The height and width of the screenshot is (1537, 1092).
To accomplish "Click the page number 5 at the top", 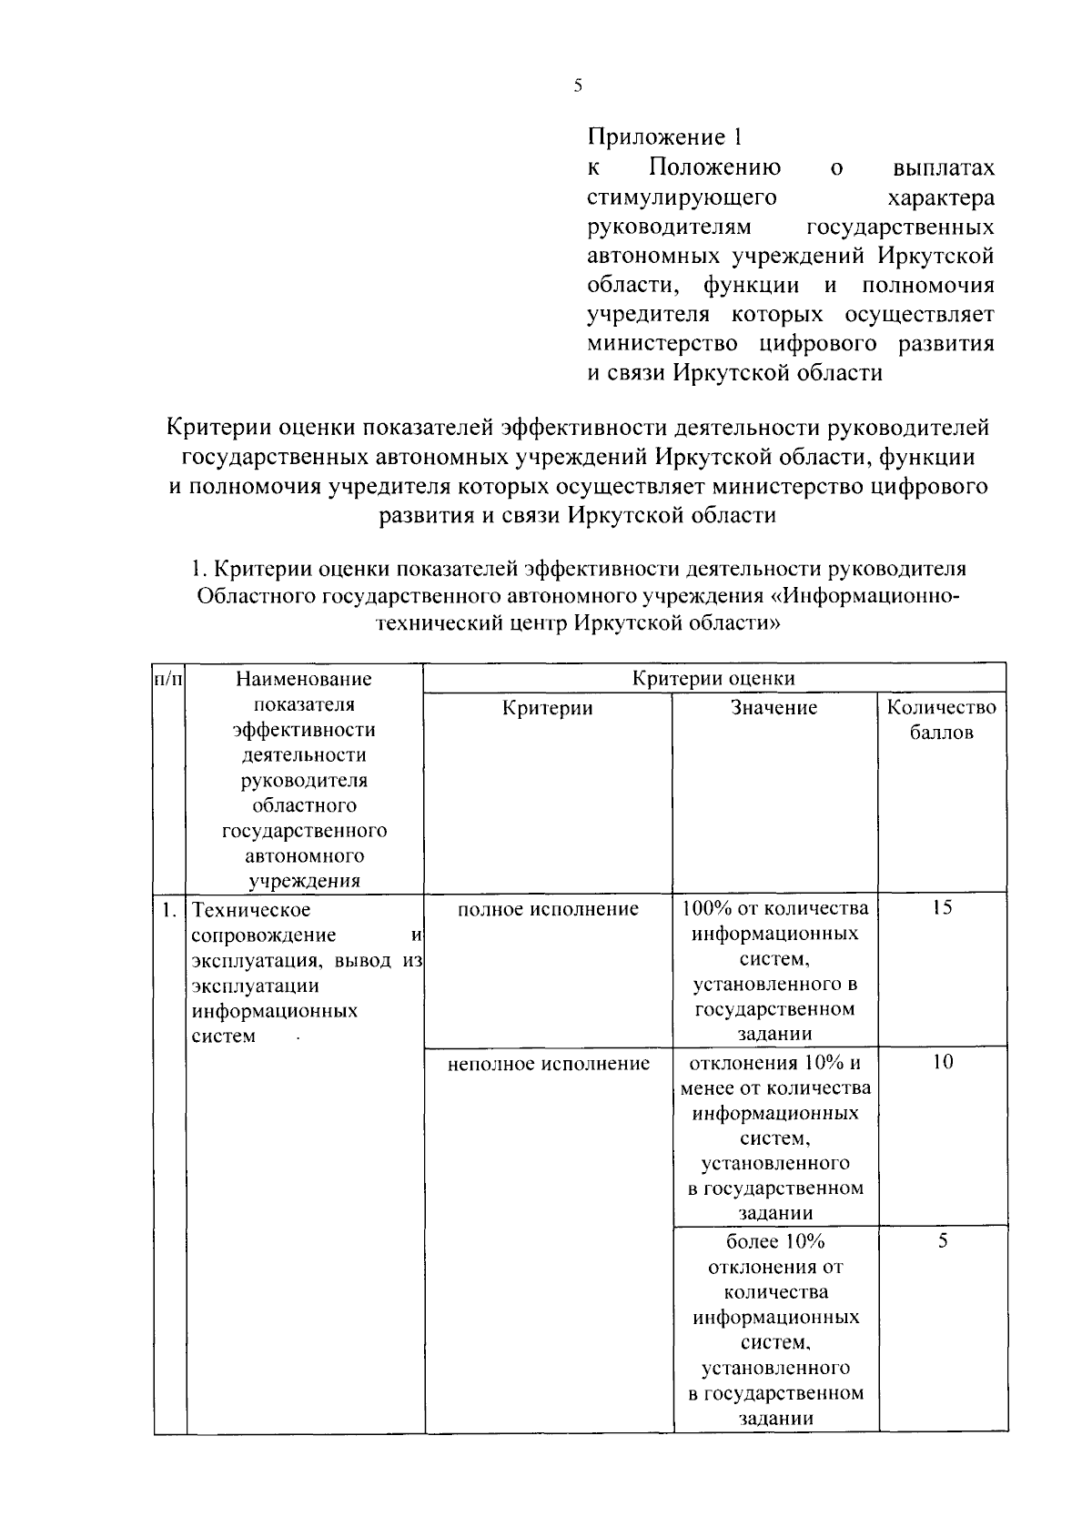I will (578, 86).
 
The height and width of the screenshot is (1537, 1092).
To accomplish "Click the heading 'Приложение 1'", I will (665, 137).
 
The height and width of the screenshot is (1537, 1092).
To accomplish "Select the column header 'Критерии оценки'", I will (714, 678).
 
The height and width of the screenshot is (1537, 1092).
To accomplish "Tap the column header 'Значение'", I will (774, 707).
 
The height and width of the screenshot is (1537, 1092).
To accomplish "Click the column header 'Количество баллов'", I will (942, 719).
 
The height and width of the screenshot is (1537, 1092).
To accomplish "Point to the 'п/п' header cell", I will (168, 678).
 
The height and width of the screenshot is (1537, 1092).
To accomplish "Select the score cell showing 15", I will (942, 908).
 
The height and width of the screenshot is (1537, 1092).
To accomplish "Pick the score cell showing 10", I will (942, 1061).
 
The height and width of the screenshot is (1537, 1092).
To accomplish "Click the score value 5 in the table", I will (942, 1240).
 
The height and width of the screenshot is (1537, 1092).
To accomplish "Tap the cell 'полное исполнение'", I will (548, 908).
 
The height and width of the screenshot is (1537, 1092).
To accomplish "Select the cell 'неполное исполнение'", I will (548, 1063).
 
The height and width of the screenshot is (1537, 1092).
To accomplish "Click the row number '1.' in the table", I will (168, 909).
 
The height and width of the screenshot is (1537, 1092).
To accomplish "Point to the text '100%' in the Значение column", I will (703, 908).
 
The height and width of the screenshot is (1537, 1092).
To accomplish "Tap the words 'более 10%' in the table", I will (775, 1241).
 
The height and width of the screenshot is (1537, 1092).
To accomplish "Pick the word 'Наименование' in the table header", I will (304, 678).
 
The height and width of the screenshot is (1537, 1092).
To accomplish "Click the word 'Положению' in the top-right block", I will (714, 168).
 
